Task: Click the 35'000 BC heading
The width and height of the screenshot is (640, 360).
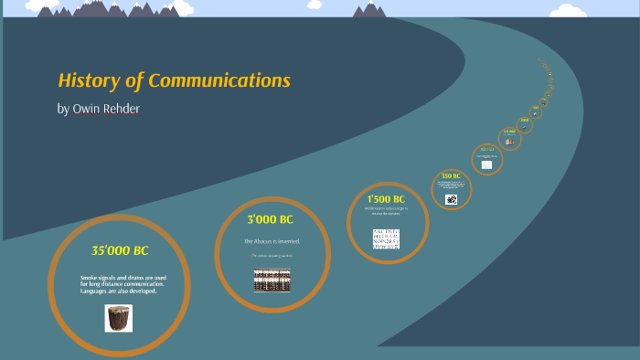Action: [x=119, y=250]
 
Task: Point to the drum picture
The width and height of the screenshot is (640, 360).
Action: [x=119, y=318]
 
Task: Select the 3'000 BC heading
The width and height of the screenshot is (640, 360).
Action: [x=270, y=220]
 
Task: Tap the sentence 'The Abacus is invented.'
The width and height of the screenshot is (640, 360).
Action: [x=272, y=241]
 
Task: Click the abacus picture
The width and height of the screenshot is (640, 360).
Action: [x=272, y=280]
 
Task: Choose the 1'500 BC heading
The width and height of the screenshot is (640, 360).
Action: [x=386, y=198]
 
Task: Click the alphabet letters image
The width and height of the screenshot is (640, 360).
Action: [x=386, y=238]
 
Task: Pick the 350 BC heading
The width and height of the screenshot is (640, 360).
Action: [x=450, y=175]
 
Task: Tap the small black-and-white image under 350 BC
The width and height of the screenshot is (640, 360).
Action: [x=451, y=198]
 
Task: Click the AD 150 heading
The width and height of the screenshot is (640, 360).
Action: [x=486, y=149]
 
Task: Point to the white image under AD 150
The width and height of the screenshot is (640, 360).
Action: [x=486, y=164]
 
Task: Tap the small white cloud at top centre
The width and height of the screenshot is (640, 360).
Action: [x=315, y=5]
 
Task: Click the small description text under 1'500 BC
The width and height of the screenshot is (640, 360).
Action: [x=386, y=210]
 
